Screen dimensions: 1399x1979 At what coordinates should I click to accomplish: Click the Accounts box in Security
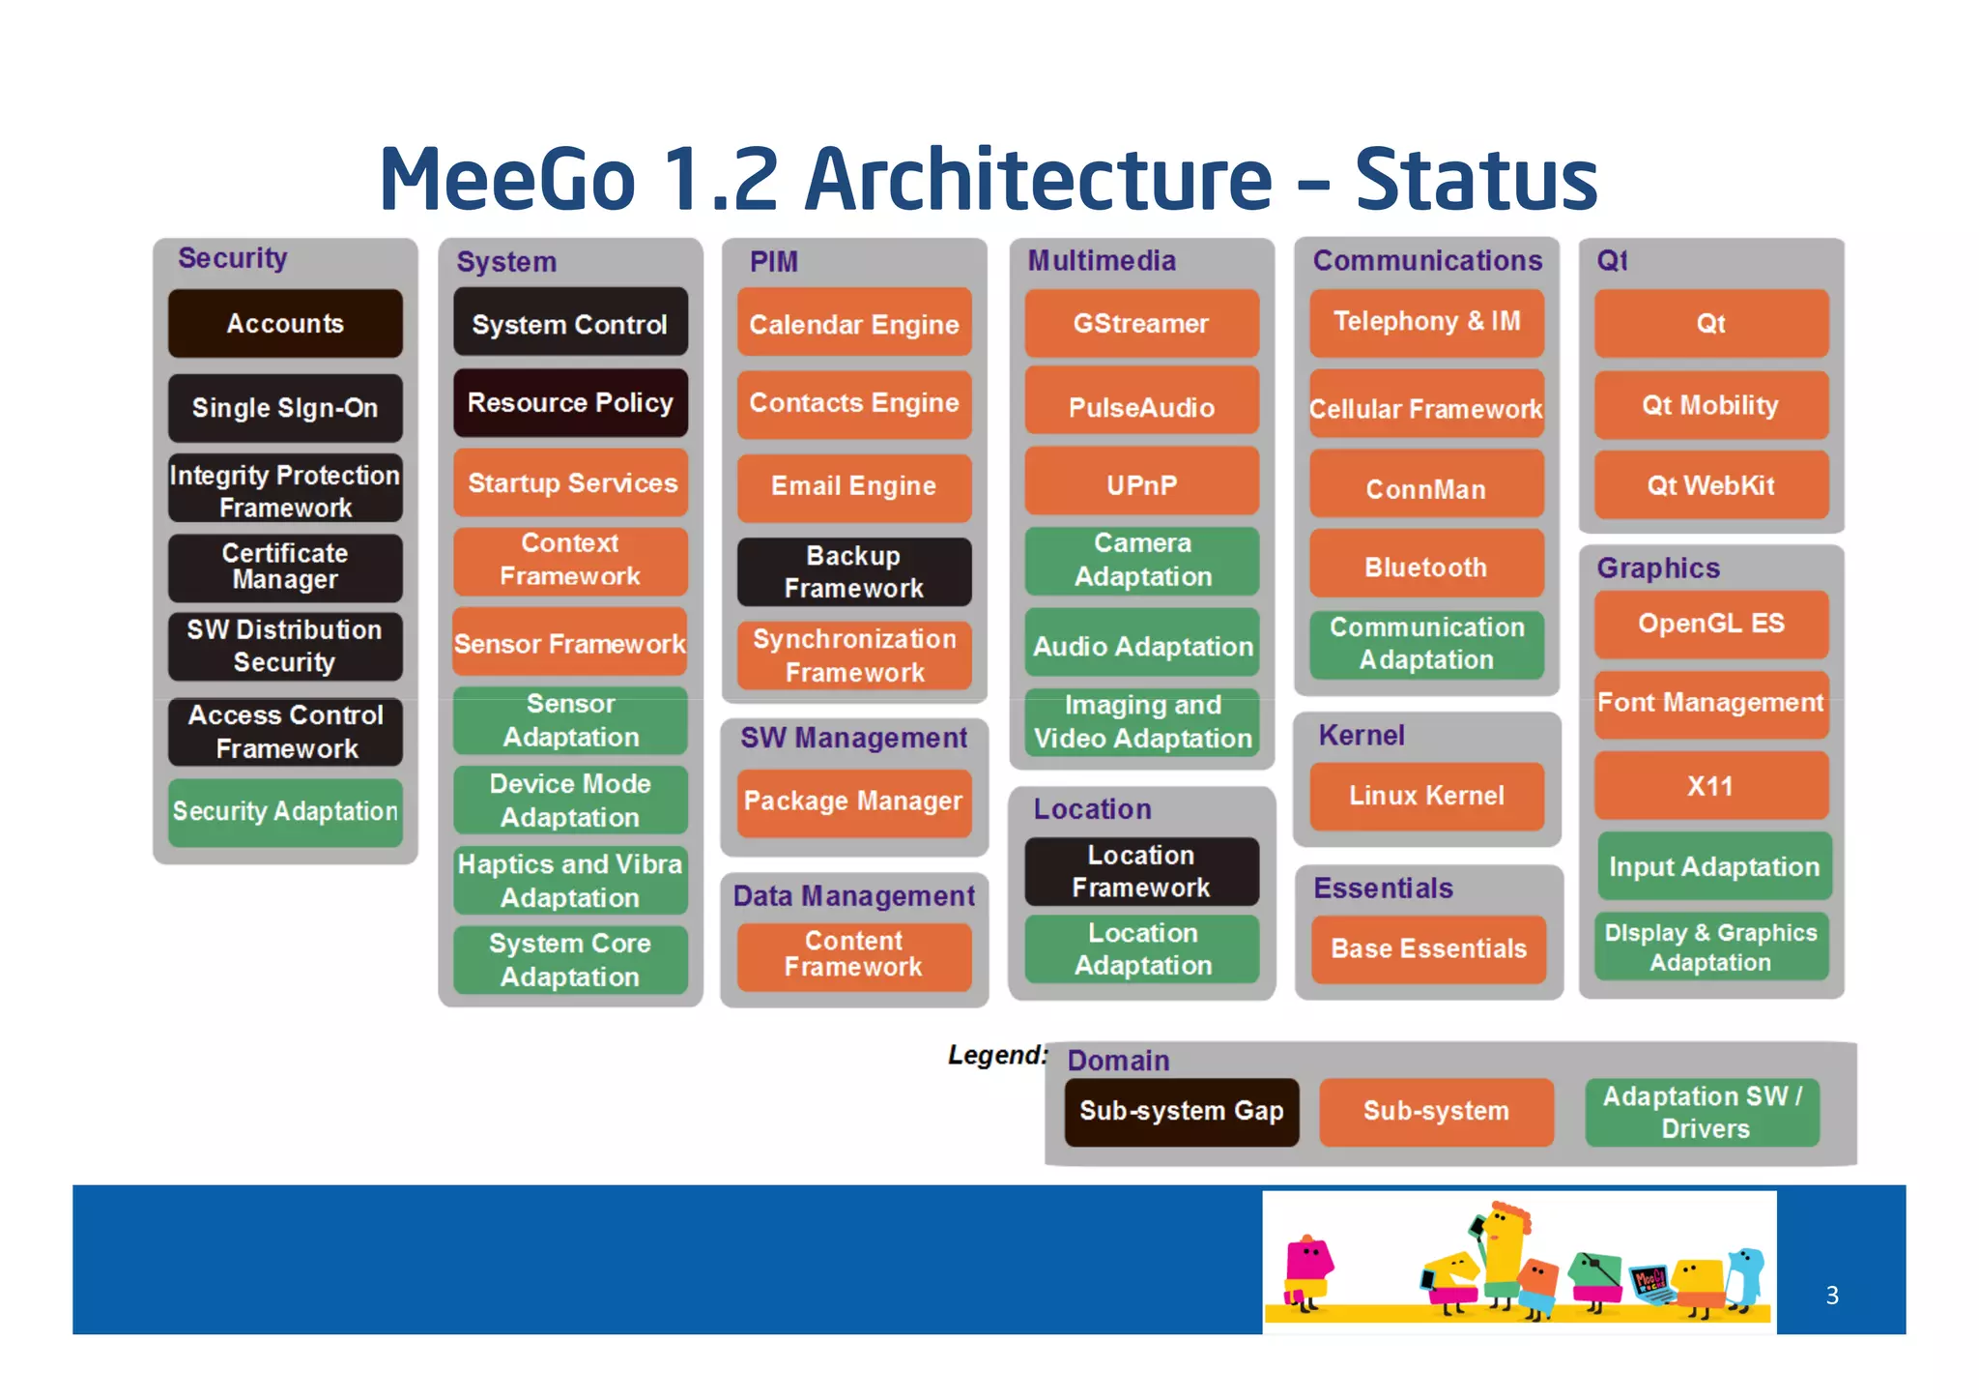(x=285, y=324)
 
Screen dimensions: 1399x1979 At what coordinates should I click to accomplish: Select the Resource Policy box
(x=570, y=402)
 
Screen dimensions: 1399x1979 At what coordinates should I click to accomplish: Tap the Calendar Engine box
(x=854, y=324)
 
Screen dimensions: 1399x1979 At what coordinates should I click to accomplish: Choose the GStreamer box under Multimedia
(x=1141, y=324)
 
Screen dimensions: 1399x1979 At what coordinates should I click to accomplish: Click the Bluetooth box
(x=1426, y=567)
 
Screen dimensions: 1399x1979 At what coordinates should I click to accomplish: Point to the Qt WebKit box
(x=1710, y=485)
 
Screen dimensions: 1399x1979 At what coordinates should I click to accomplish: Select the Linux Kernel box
(x=1426, y=796)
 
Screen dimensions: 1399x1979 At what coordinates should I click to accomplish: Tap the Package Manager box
(x=854, y=802)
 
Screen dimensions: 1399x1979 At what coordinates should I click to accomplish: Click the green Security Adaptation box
(x=285, y=812)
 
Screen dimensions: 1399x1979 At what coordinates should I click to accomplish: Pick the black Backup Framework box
(x=854, y=571)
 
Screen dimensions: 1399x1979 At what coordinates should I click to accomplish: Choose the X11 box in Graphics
(x=1710, y=786)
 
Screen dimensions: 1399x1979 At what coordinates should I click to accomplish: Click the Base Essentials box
(x=1428, y=948)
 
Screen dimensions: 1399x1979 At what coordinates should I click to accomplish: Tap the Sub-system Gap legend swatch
(x=1181, y=1112)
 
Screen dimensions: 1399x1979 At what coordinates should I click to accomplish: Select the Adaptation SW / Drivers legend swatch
(x=1703, y=1112)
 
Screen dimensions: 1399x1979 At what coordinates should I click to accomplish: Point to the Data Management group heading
(x=854, y=896)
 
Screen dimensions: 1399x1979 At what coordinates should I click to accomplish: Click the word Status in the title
(x=1476, y=180)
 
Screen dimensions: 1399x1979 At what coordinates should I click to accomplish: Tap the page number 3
(x=1832, y=1296)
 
